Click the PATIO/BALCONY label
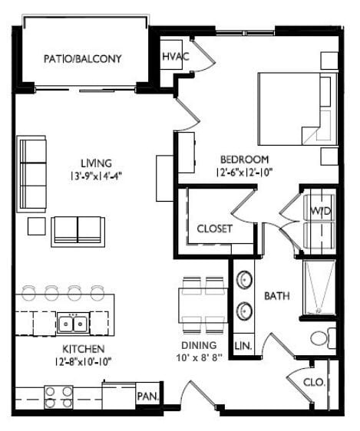pos(83,58)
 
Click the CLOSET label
pos(214,229)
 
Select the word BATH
pos(276,295)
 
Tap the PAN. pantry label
pos(147,396)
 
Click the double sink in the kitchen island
pos(73,324)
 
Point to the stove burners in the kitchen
pos(58,396)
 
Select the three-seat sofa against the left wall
pos(31,173)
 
